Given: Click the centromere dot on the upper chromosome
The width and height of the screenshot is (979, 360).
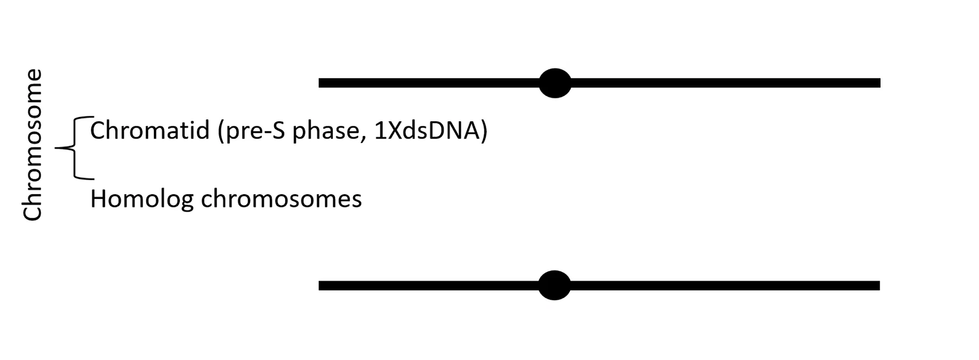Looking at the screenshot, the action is click(x=555, y=83).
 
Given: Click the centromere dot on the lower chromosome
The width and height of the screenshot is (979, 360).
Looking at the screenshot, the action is click(x=554, y=285).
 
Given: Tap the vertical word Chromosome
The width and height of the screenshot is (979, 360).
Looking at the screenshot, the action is click(x=32, y=145).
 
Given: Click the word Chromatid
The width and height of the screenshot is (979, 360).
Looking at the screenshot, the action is click(x=150, y=131).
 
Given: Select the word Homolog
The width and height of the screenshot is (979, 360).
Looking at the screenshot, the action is click(x=142, y=199).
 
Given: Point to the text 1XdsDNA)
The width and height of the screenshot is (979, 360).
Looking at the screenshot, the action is click(x=431, y=131).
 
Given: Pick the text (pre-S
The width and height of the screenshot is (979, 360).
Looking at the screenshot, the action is click(x=251, y=131).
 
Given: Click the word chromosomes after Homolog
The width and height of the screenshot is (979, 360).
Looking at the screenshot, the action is click(x=281, y=199).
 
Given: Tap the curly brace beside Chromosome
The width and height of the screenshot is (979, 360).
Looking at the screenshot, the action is click(x=75, y=147).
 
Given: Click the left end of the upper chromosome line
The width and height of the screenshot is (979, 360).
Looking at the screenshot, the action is click(x=319, y=83).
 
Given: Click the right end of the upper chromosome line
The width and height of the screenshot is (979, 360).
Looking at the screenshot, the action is click(x=880, y=83).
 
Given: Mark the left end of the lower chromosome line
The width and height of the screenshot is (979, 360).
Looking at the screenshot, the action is click(x=319, y=285).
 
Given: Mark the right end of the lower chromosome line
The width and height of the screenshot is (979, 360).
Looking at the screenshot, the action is click(x=879, y=285).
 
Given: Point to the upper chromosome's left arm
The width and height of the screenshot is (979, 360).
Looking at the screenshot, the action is click(x=429, y=83).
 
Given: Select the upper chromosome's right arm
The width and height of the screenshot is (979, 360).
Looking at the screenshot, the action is click(x=726, y=83).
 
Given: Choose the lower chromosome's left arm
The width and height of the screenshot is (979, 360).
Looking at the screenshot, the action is click(x=429, y=285).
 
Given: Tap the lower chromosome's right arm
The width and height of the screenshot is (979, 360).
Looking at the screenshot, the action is click(x=725, y=285).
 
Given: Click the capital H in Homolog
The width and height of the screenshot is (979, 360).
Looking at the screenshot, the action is click(x=97, y=199).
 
